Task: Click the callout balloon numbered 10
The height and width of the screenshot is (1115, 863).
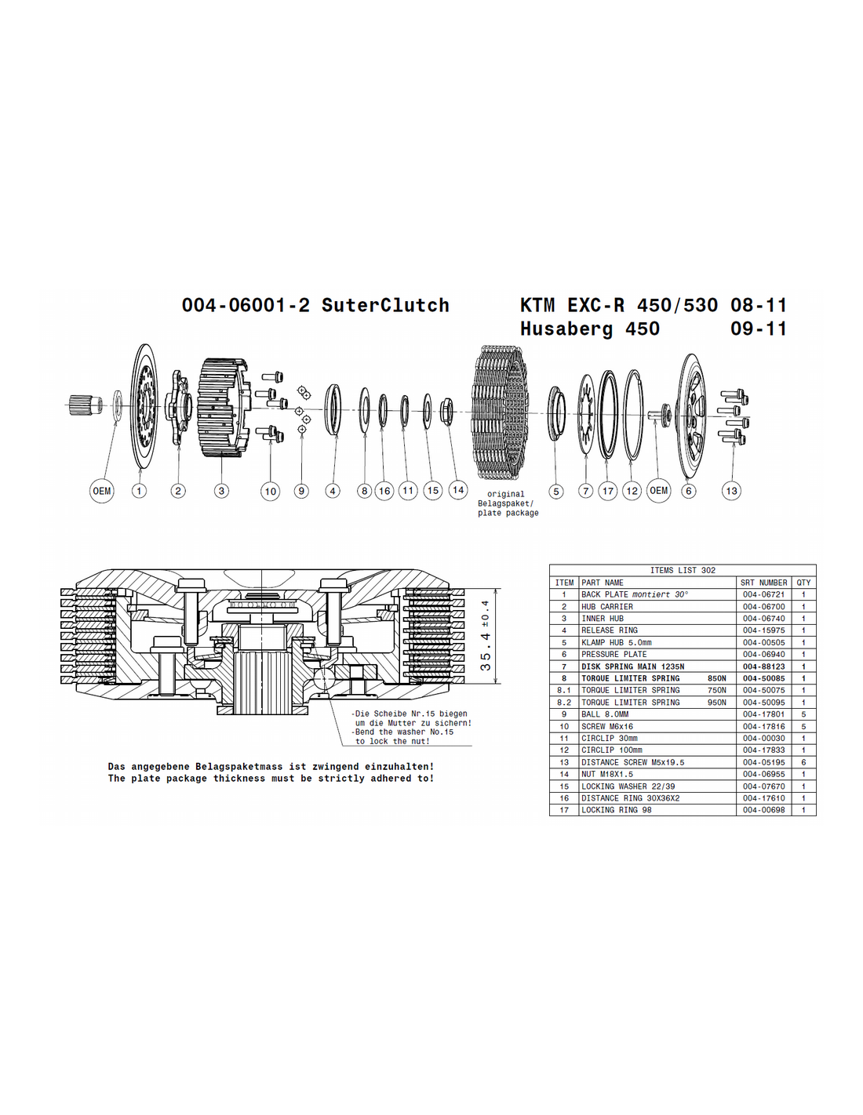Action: (x=270, y=491)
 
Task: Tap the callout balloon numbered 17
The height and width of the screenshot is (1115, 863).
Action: (x=608, y=491)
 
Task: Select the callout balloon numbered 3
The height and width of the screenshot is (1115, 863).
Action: (x=221, y=491)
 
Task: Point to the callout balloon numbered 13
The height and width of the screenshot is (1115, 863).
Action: (x=731, y=491)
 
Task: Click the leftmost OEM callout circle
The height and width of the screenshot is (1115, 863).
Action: (x=102, y=491)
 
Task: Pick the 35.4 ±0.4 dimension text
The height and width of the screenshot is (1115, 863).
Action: (x=485, y=635)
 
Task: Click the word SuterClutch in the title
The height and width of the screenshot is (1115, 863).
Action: (x=385, y=305)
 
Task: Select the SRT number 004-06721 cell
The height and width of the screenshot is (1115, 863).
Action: (x=763, y=594)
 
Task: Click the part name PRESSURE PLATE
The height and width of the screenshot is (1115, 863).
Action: (x=614, y=654)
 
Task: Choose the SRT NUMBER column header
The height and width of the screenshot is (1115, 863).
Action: (x=763, y=583)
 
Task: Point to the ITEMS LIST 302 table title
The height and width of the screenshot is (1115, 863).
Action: (x=683, y=570)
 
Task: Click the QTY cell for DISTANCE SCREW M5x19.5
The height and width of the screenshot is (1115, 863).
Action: (x=803, y=762)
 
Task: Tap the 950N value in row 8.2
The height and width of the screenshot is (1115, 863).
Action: (x=717, y=703)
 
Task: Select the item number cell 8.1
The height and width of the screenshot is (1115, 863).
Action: (x=564, y=690)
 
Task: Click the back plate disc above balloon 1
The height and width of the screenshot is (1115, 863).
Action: (x=143, y=406)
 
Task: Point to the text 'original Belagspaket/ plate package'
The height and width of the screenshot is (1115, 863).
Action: (x=508, y=503)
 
